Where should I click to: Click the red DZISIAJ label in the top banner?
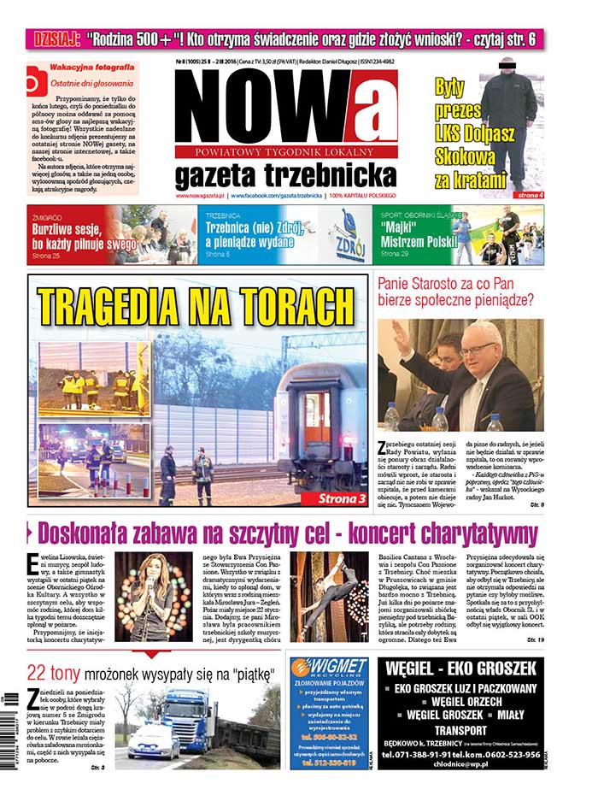54,38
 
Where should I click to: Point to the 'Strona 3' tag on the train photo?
339,496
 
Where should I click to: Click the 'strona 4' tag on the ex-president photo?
530,196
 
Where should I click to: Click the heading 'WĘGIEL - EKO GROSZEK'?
460,668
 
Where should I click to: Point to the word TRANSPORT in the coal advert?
460,731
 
